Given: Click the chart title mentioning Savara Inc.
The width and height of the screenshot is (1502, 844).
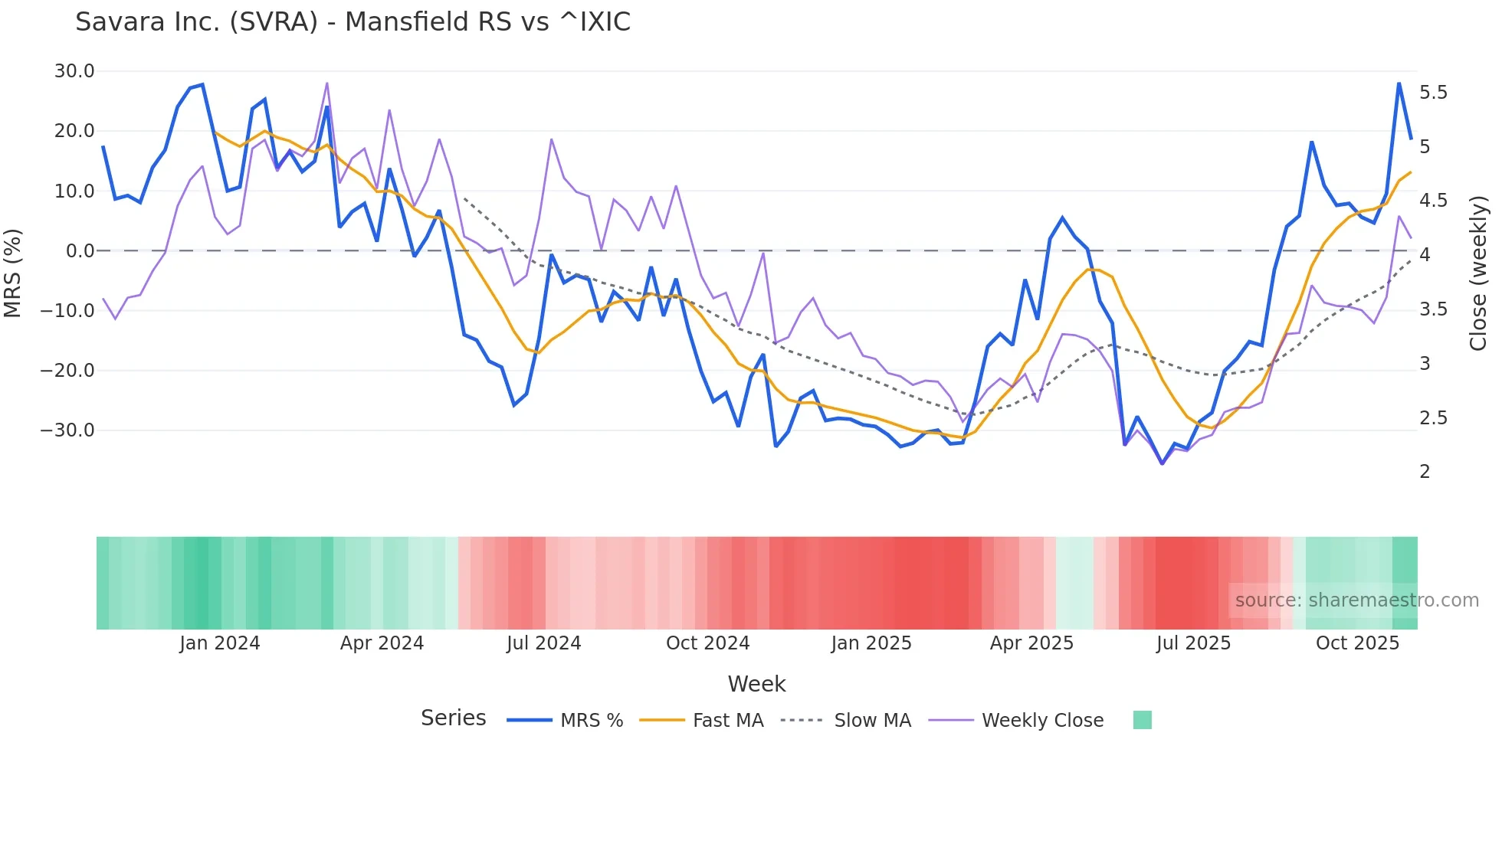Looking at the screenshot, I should coord(353,22).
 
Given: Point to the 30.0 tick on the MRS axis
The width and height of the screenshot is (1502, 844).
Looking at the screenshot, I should coord(74,71).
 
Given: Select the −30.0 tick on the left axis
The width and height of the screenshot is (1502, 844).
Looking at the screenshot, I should coord(67,430).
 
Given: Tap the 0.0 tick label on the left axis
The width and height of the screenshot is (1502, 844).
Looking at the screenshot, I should coord(80,251).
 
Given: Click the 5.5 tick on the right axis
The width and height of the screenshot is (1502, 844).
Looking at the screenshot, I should coord(1433,93).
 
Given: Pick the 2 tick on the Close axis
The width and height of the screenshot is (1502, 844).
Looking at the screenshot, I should coord(1425,472).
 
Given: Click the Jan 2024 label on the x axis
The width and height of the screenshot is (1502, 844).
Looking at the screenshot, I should coord(220,643).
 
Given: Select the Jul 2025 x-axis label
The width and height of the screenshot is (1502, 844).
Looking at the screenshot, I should coord(1193,643).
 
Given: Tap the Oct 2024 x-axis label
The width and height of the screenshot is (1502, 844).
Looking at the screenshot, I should coord(707,643).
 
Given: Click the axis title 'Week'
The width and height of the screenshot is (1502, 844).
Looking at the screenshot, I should coord(756,684).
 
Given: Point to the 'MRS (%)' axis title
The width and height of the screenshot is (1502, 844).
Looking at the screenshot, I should coord(13,273).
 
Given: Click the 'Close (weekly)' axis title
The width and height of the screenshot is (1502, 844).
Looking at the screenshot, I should coord(1478,273).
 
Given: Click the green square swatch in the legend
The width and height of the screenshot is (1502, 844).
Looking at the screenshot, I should coord(1142,720).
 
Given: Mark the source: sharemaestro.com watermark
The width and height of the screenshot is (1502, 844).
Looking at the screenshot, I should coord(1356,600).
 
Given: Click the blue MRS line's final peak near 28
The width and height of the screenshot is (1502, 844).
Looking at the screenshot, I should coord(1399,83).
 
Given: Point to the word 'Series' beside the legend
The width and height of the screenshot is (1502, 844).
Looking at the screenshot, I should coord(453,718).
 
